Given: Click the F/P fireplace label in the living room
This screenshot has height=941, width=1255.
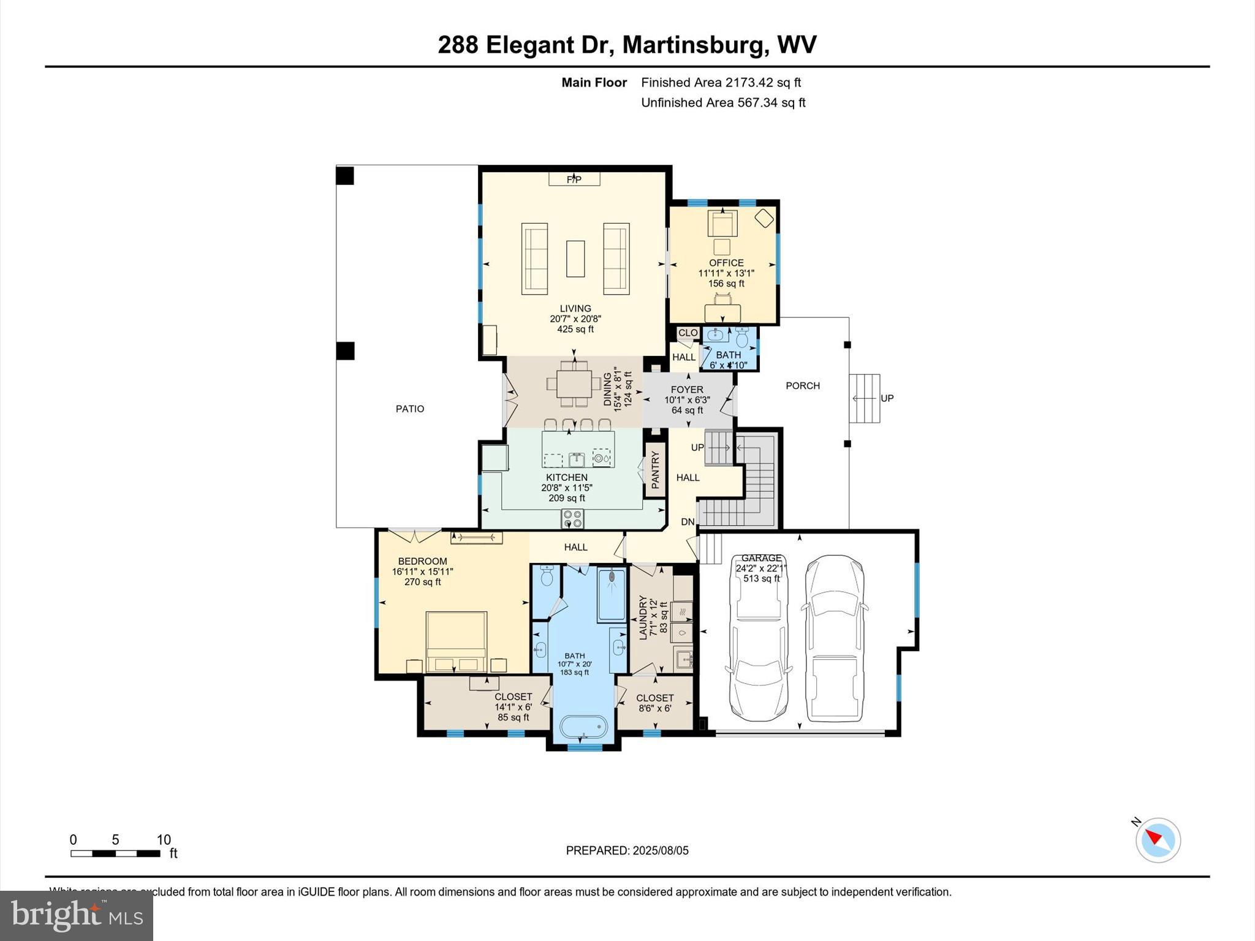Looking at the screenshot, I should coord(574,180).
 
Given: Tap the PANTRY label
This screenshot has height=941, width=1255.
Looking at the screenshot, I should coord(654,470).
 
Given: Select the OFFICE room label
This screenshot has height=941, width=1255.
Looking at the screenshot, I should coord(726,263).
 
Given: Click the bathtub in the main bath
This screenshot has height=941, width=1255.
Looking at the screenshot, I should coord(583,728).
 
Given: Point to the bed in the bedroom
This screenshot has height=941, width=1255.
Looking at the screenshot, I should coord(457,641).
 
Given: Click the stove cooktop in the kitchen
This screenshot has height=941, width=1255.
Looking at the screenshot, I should coord(573,519).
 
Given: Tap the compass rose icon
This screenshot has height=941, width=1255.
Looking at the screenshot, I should coord(1158,840).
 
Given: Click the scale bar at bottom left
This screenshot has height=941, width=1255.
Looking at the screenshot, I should coord(115,853).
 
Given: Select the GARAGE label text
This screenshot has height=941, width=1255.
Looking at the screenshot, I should coord(761,558).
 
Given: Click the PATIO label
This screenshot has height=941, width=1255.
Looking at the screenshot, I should coord(409,409).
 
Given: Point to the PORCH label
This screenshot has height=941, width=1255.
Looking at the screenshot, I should coord(802,385).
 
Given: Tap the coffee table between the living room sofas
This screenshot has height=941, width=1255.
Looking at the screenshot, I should coord(575,259).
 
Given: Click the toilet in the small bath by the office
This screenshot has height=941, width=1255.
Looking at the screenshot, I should coord(742,338).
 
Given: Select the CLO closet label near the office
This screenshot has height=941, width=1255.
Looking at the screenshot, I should coord(688,333).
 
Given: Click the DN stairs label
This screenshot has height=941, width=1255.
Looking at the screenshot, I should coord(688,522).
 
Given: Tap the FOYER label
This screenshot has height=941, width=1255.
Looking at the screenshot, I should coord(687,390).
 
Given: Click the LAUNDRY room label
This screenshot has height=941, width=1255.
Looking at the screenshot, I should coord(643,618).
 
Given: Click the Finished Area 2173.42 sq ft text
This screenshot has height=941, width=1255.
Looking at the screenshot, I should coord(721,82).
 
